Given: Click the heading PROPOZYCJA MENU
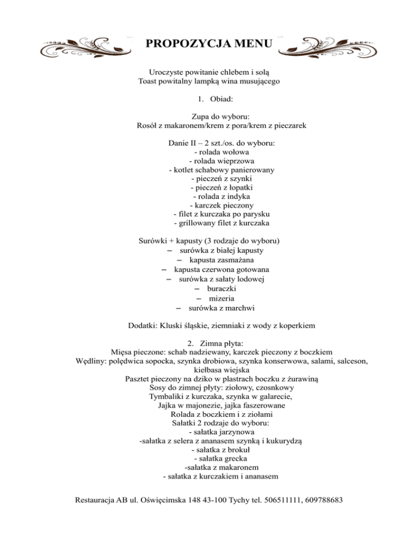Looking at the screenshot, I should (x=208, y=43).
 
